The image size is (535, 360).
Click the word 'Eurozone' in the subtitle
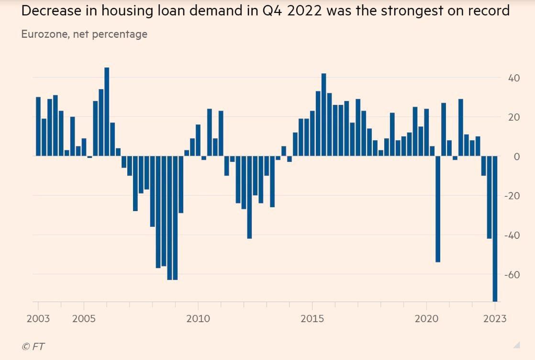click(44, 34)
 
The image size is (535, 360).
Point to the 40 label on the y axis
click(514, 78)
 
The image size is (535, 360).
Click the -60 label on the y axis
click(512, 274)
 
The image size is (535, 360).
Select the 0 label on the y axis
click(517, 156)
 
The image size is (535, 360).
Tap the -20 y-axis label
click(512, 196)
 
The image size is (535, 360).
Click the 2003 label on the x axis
click(38, 319)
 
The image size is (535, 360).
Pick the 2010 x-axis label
click(198, 319)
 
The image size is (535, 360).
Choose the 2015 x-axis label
click(312, 319)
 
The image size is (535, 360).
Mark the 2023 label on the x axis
click(495, 319)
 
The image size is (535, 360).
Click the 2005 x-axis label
click(84, 319)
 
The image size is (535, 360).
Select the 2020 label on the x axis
click(426, 319)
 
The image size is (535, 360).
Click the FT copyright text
click(33, 346)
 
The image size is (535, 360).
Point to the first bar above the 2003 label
click(38, 126)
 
